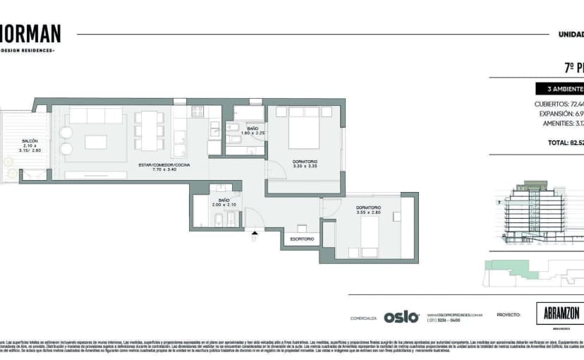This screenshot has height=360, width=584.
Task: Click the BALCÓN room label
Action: coord(30,140)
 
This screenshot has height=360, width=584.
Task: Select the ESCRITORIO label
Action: coord(301,239)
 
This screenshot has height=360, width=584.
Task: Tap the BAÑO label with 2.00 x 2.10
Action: coord(223,200)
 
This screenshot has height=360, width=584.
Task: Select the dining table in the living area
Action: coord(149,131)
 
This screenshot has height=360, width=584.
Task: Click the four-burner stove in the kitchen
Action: coord(197,111)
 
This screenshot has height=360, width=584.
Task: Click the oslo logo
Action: coord(401,317)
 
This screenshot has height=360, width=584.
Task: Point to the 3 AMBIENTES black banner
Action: coord(560,89)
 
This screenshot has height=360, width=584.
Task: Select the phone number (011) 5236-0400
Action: coord(442,320)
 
